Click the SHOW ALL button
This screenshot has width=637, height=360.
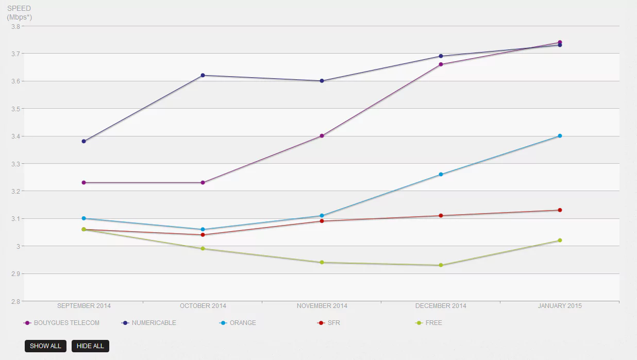pos(45,346)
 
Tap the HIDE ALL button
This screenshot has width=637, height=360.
pos(90,346)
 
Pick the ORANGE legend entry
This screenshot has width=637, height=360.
pos(242,323)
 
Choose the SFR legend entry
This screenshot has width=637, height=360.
pos(333,323)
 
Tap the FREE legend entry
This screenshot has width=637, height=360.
pos(433,323)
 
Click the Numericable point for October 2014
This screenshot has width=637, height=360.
pos(203,75)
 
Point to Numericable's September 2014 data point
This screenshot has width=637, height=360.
pos(83,141)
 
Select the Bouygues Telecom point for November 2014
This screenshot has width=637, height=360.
pos(322,136)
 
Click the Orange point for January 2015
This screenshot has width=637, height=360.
pos(560,136)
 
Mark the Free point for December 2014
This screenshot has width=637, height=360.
pos(441,265)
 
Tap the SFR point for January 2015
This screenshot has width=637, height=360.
pos(560,210)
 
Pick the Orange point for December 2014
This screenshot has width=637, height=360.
pos(441,174)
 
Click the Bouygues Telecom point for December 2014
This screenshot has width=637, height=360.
pos(441,64)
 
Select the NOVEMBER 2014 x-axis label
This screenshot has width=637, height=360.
pos(322,306)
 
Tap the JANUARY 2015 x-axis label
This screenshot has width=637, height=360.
pos(560,306)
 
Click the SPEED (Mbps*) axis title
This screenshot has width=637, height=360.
pos(19,13)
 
